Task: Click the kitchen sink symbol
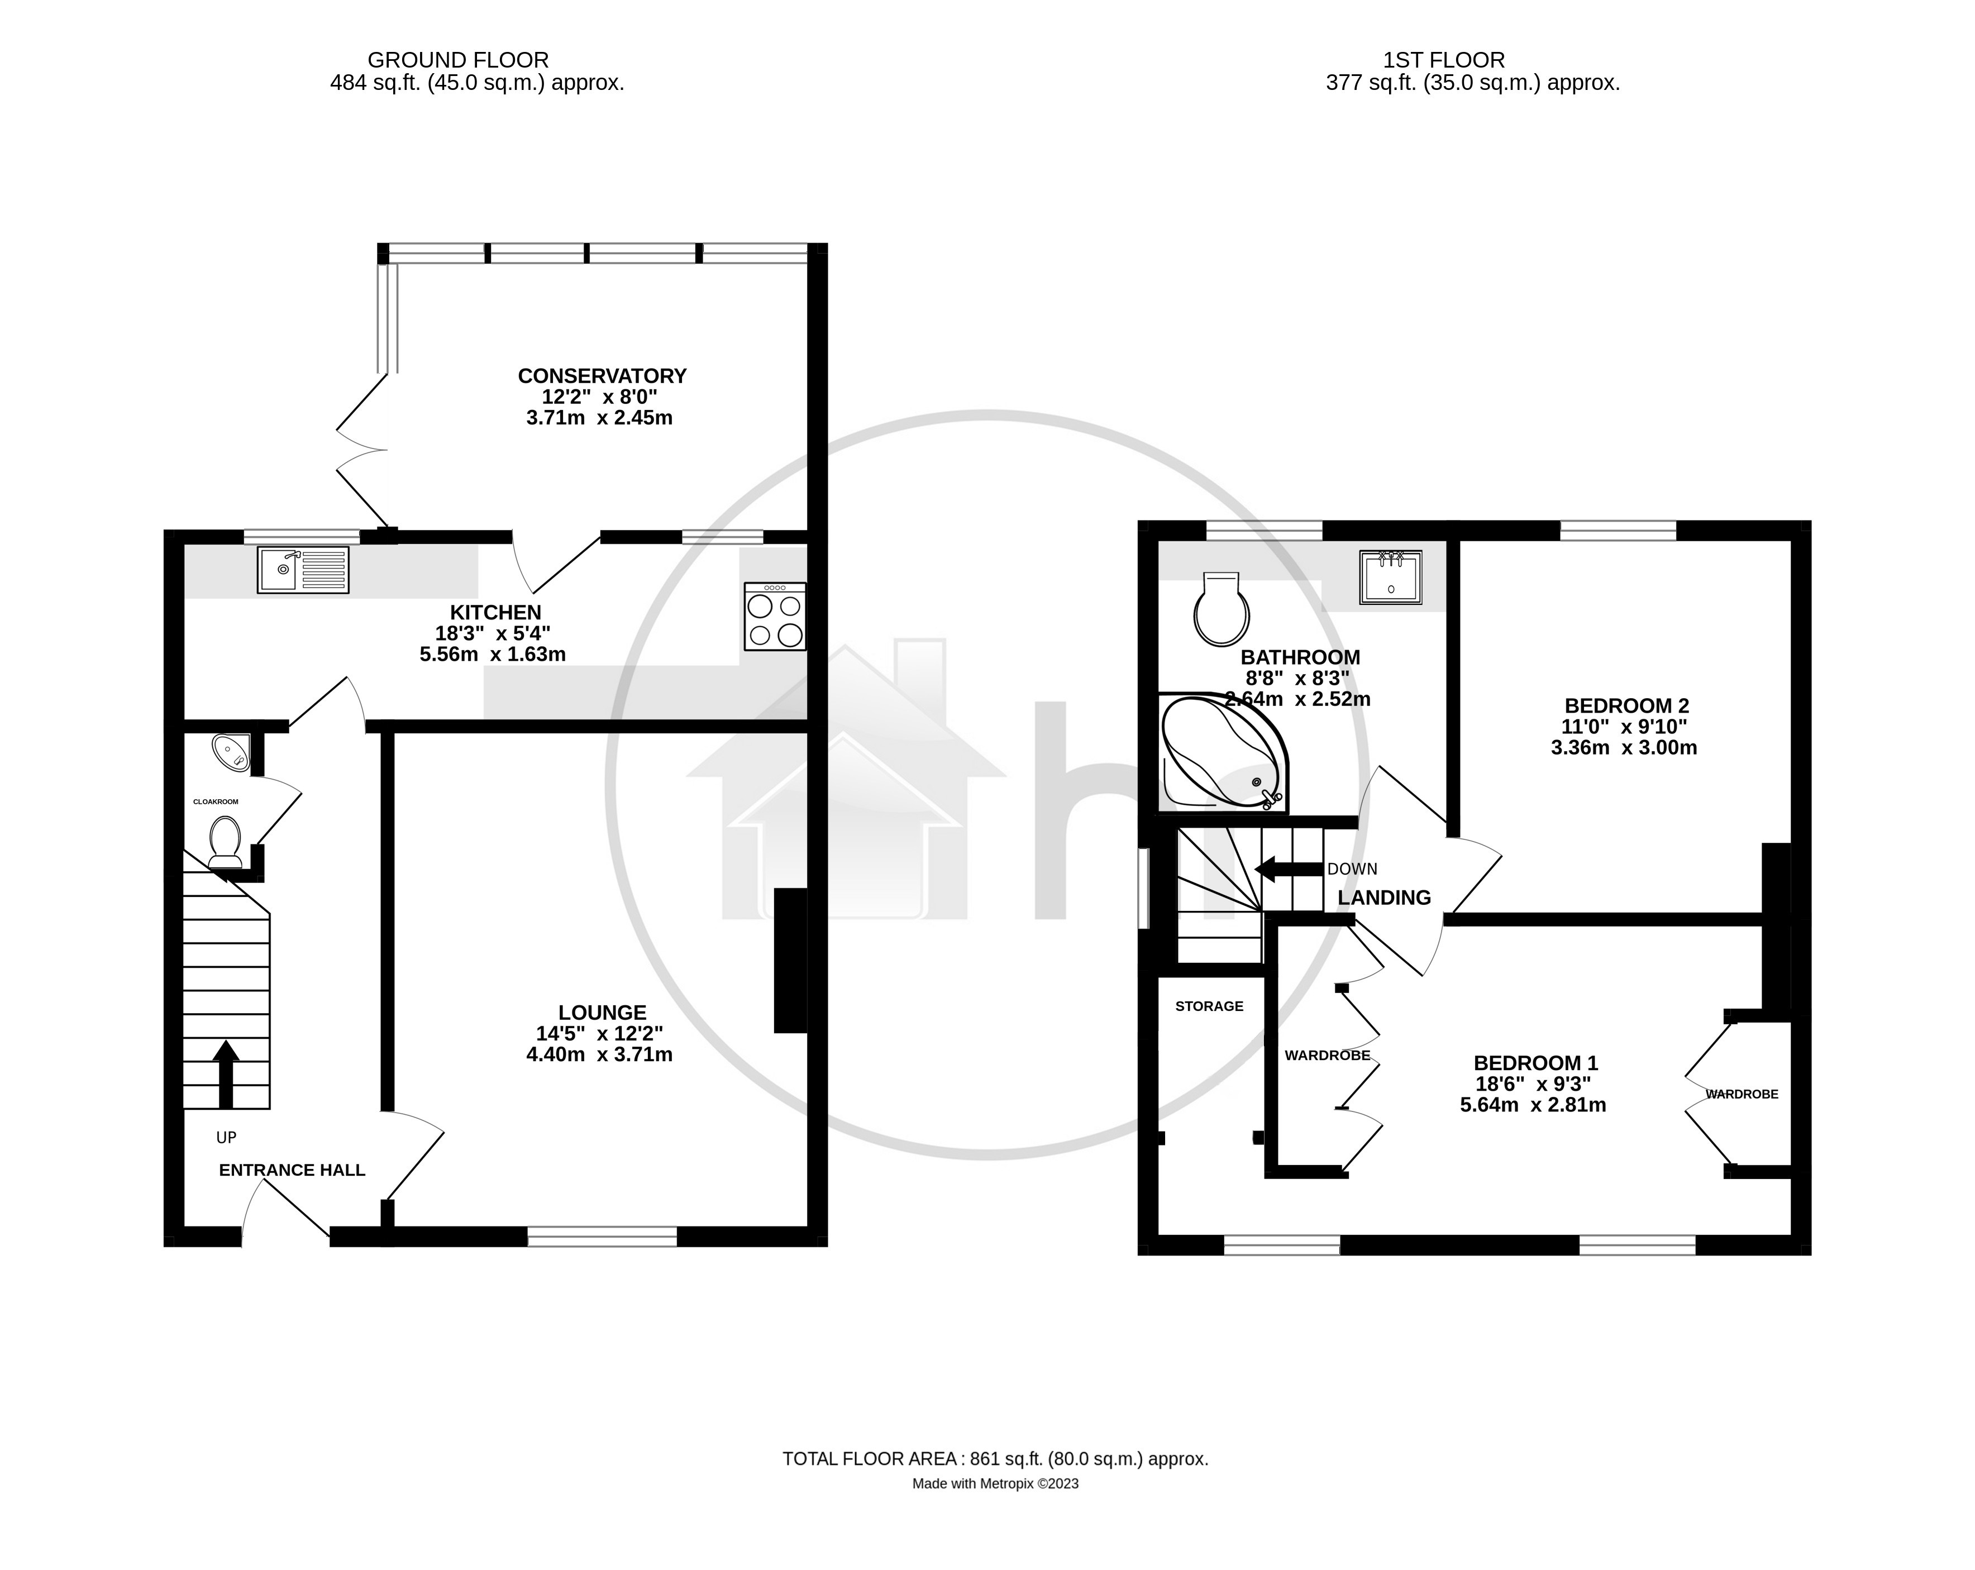[303, 570]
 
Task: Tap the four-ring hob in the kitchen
[775, 617]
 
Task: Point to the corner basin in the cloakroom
[231, 751]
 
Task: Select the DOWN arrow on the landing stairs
[1288, 868]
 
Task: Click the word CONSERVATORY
[602, 375]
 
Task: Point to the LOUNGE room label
[602, 1012]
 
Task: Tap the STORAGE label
[1209, 1006]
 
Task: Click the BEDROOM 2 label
[1626, 705]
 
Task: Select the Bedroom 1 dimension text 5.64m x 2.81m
[1533, 1105]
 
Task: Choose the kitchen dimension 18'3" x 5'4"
[493, 633]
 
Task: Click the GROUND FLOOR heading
[458, 60]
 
